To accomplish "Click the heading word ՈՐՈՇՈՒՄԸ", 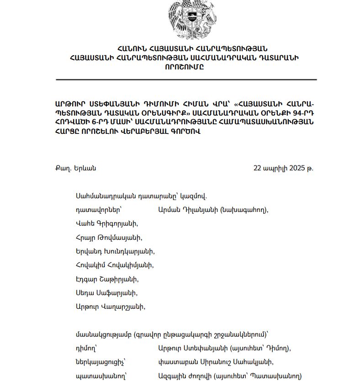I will tap(185, 66).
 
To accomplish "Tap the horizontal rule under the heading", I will tap(186, 79).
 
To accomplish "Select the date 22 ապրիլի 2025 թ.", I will tap(283, 168).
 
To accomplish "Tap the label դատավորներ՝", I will tap(95, 210).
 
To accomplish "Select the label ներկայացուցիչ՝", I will tap(101, 362).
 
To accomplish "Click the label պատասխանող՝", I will tap(101, 376).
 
